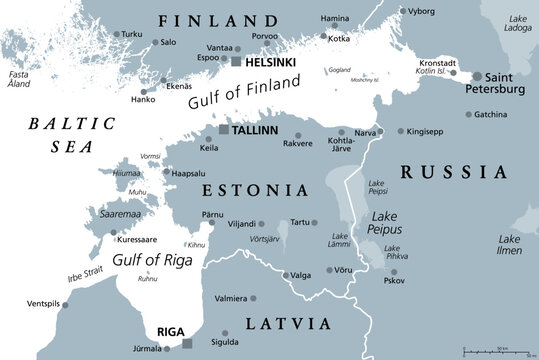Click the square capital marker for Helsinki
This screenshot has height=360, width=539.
click(236, 61)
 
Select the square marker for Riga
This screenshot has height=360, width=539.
click(187, 344)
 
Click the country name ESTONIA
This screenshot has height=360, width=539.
click(255, 189)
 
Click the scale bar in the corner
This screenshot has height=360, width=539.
click(496, 349)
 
